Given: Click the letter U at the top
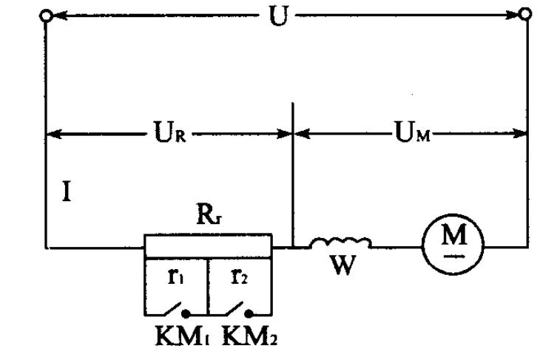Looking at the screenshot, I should click(x=277, y=16).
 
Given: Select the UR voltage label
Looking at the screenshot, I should click(x=164, y=136).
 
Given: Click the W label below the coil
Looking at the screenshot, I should click(x=340, y=266).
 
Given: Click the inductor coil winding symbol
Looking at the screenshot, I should click(x=340, y=242).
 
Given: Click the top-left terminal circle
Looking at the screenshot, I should click(x=47, y=16).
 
